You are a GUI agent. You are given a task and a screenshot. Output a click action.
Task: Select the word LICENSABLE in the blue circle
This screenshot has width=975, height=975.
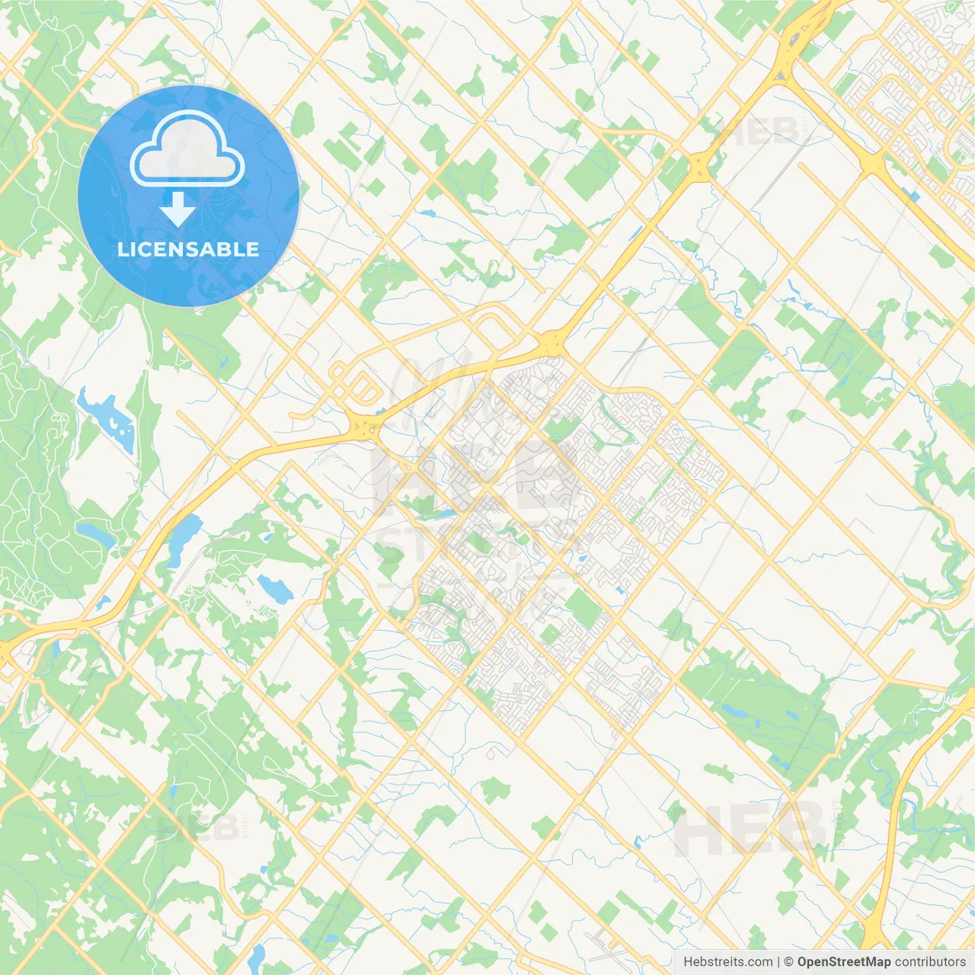188,249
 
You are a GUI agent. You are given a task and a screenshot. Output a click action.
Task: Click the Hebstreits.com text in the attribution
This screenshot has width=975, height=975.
727,962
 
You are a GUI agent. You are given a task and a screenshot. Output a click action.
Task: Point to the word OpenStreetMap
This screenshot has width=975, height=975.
844,962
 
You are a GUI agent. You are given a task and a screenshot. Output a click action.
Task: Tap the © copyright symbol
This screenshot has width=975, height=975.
789,962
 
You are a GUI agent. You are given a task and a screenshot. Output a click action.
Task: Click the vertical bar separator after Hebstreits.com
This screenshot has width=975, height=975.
778,962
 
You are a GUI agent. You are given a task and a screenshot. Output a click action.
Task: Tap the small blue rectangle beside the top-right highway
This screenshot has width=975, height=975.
914,197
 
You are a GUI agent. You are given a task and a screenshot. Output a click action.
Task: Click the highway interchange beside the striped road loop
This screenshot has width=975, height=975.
364,427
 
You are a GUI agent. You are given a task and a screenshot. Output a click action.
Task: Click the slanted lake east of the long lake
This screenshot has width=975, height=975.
274,587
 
